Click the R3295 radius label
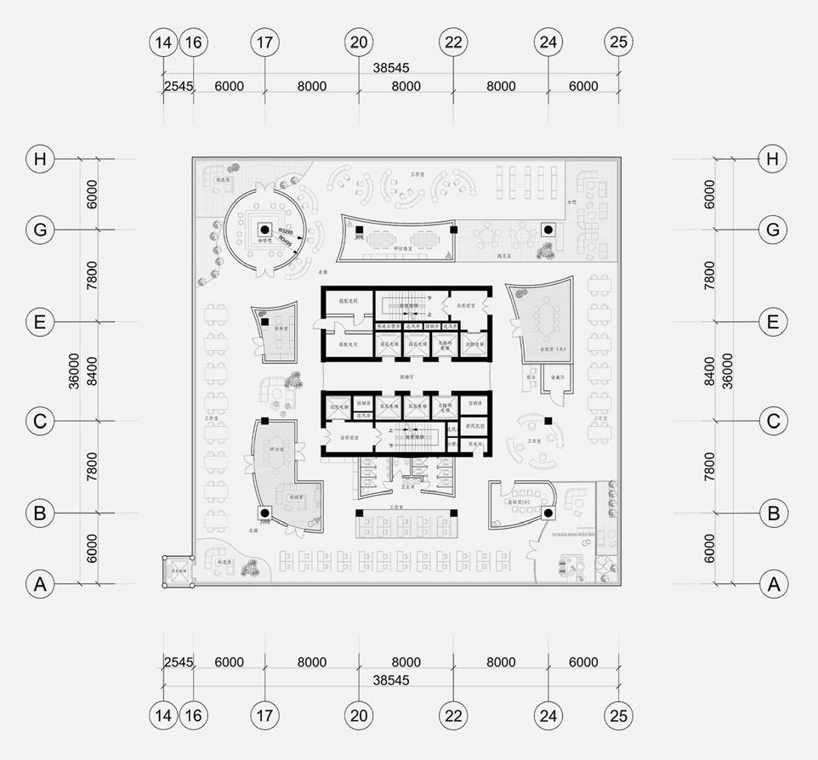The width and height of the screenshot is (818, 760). click(287, 231)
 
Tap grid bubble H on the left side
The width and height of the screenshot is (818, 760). click(38, 159)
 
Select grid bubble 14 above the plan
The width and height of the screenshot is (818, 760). click(162, 42)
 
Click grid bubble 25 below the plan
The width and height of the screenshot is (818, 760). click(618, 715)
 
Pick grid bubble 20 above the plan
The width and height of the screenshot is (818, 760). click(359, 42)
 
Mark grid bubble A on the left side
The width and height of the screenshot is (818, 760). click(38, 584)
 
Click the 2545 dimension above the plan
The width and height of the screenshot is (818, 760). click(179, 86)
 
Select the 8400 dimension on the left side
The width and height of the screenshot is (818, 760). click(91, 371)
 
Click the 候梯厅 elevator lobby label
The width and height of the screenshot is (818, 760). click(406, 374)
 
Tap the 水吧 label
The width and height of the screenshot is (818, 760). click(571, 202)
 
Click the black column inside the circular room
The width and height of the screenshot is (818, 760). click(264, 230)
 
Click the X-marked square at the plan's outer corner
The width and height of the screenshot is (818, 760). click(178, 571)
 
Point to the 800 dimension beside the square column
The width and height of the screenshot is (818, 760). click(359, 237)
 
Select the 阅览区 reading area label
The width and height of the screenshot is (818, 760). click(503, 254)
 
